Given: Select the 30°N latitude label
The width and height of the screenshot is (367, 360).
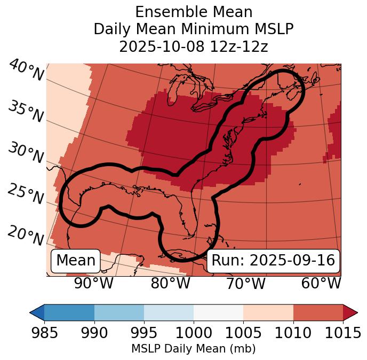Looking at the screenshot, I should point(26,153).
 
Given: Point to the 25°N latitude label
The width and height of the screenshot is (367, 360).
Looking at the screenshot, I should point(26,194).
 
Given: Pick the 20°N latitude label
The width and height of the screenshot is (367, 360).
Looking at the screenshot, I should point(26,235).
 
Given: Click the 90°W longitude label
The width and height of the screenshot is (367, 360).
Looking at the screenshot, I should point(94,284).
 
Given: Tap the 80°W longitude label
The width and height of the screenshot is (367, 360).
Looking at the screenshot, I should point(170,284).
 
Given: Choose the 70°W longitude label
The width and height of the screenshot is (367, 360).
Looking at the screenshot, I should point(246,284).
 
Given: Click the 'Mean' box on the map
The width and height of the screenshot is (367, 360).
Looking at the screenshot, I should point(76,261).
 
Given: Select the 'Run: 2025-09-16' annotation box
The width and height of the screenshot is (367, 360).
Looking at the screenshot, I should point(273,261).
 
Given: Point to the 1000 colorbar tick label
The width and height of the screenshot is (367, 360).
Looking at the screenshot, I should point(194,333).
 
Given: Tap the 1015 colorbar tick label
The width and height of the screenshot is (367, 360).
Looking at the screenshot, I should point(343,333).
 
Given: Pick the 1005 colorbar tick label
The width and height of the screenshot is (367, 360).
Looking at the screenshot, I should point(243,333).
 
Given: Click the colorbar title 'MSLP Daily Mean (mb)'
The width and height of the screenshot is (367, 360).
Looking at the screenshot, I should point(193,349).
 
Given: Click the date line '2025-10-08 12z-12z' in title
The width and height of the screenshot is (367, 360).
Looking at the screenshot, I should point(194,46).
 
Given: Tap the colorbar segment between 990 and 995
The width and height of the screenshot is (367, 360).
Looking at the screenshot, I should point(119,312).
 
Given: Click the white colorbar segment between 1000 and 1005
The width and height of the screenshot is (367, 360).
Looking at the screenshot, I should point(218,312).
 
